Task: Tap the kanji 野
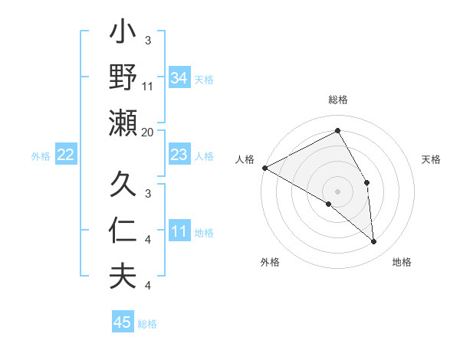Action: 123,78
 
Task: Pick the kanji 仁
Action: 123,230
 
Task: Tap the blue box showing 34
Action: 179,78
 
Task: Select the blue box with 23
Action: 179,155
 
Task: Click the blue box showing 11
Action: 179,231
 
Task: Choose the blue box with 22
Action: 65,155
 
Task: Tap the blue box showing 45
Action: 122,322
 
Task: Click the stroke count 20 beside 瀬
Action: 148,132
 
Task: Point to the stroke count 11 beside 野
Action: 148,86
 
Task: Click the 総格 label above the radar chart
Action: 337,100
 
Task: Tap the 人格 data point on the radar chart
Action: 264,168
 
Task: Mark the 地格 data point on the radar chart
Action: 374,241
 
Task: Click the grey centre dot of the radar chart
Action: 337,191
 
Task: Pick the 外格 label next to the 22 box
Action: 41,155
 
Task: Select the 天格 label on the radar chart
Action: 432,159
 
